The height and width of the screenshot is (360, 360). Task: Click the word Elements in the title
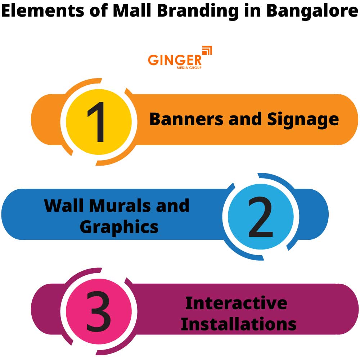tap(43, 11)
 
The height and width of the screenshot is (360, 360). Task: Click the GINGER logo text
tap(175, 60)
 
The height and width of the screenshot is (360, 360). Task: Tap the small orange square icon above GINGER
tap(207, 50)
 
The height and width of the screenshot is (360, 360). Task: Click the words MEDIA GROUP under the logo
tap(189, 68)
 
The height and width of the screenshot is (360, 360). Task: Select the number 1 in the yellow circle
tap(96, 122)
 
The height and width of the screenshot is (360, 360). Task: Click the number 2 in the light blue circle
tap(261, 217)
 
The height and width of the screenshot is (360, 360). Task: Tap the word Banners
tap(186, 120)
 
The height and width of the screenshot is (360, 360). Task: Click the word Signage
tap(303, 120)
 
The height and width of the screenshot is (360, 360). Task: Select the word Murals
tap(120, 206)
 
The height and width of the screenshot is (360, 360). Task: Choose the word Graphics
tap(119, 227)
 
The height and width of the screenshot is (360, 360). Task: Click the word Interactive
tap(236, 303)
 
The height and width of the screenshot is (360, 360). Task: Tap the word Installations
tap(238, 324)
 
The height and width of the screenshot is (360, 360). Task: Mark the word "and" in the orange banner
tap(245, 120)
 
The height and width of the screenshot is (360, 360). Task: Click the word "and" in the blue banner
tap(172, 206)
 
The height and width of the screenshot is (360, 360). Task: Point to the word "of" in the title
tap(99, 11)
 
